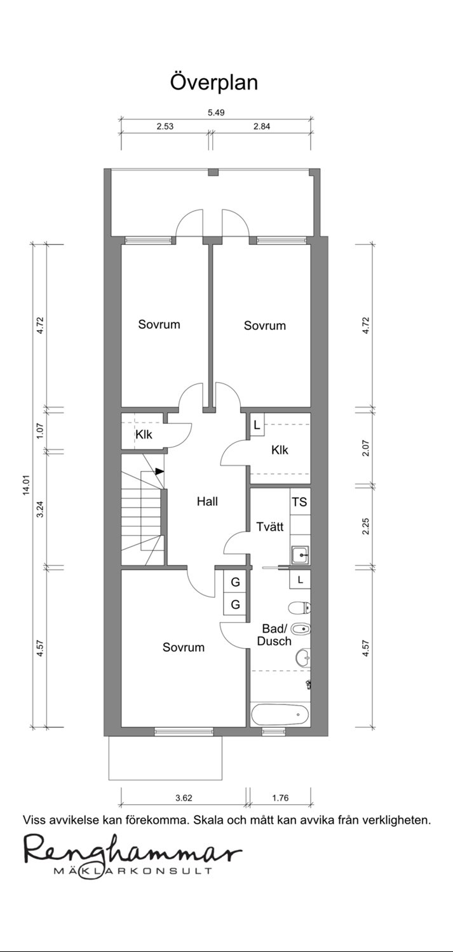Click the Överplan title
214,83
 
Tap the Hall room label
207,501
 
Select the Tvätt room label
269,526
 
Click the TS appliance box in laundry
299,502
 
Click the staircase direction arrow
159,471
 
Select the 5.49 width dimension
215,112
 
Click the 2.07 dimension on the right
366,447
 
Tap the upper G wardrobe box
235,582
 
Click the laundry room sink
301,555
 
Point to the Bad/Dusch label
274,635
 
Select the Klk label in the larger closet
280,449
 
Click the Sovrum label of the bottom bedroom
184,647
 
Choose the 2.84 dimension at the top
262,126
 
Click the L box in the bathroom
301,579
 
